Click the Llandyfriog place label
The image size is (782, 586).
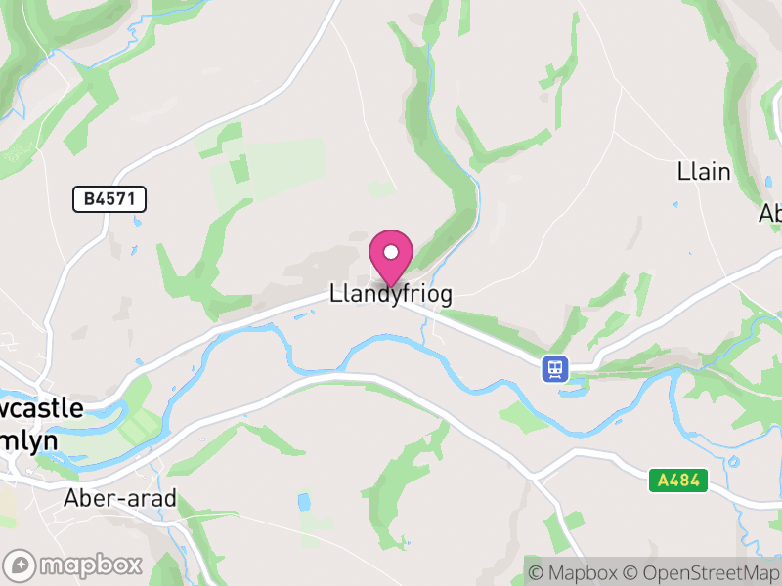[x=390, y=294]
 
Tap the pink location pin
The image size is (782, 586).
[x=391, y=257]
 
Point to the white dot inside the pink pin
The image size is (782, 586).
[x=391, y=252]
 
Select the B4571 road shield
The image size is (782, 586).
[x=109, y=199]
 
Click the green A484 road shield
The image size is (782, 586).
[x=677, y=480]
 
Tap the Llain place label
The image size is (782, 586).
[x=704, y=172]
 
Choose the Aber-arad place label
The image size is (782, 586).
[x=119, y=498]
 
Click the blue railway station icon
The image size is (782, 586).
[x=555, y=368]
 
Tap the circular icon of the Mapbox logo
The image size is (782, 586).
[x=21, y=565]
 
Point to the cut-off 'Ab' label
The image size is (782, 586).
[x=770, y=213]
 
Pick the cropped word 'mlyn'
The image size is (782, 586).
[x=29, y=440]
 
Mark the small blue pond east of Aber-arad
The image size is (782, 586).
[x=303, y=503]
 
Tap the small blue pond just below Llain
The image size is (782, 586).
[x=674, y=205]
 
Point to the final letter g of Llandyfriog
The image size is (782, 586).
[x=445, y=296]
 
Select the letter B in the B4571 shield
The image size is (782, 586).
[x=90, y=199]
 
